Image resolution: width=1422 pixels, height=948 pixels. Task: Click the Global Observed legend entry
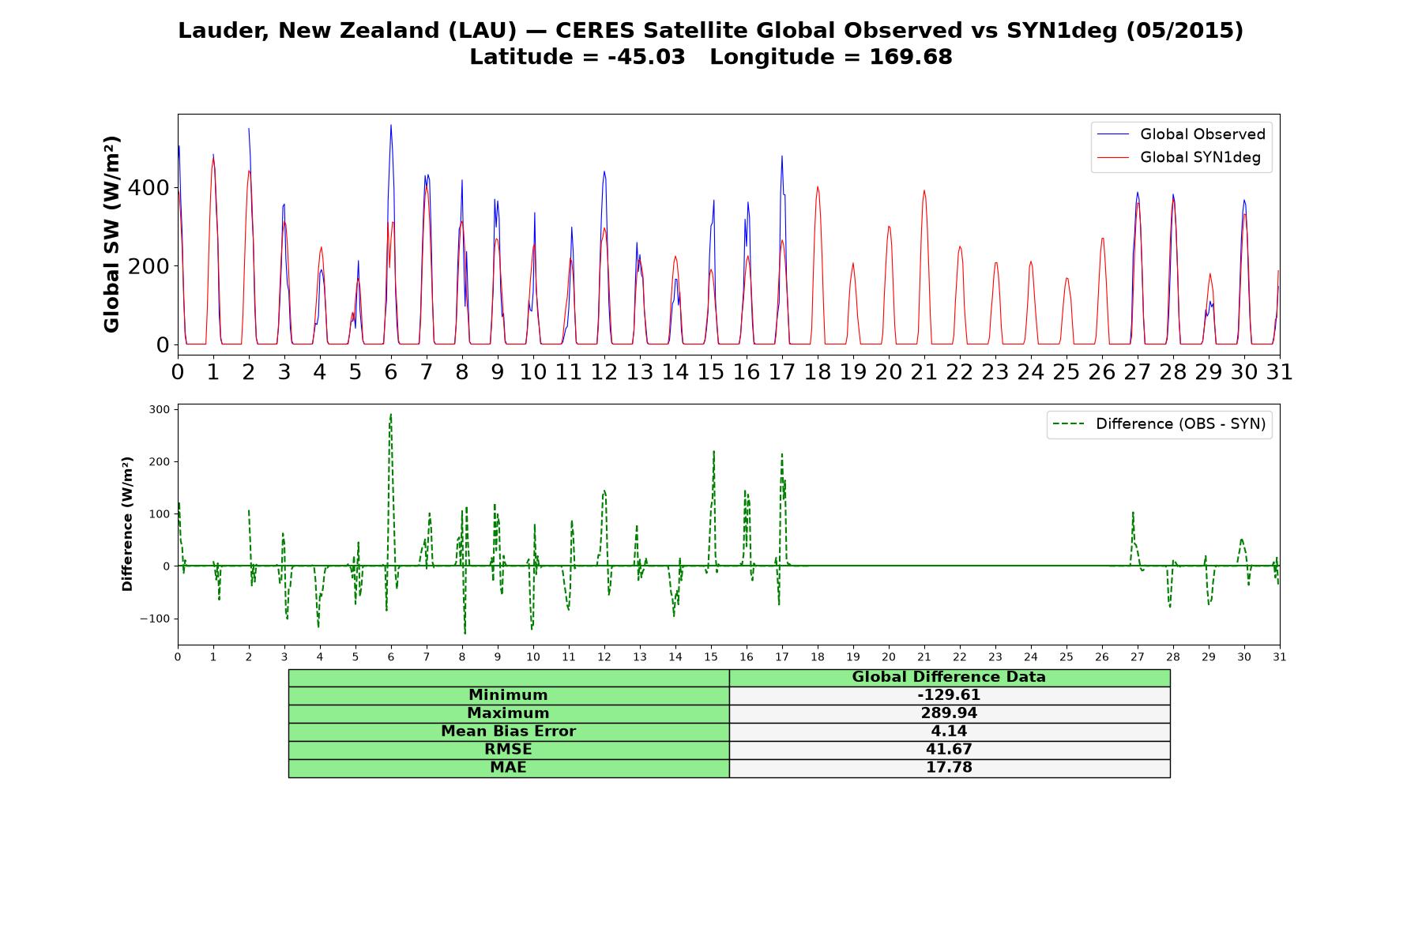click(1181, 134)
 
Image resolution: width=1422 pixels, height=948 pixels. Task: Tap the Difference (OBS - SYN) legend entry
click(1159, 424)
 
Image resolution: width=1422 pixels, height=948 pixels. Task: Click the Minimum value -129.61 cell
click(949, 695)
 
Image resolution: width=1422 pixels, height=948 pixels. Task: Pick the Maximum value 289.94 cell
click(949, 713)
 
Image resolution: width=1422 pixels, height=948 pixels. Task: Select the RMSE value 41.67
click(949, 750)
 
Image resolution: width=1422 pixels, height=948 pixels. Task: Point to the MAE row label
click(508, 768)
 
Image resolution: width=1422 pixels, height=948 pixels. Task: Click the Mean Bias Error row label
click(508, 732)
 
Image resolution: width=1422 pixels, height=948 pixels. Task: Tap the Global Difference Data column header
click(949, 677)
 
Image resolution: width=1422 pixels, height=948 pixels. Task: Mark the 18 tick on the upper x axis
click(818, 372)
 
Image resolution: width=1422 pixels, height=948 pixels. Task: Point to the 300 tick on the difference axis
click(159, 409)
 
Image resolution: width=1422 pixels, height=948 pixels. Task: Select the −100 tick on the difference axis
click(155, 619)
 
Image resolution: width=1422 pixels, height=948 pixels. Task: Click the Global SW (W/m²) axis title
click(111, 234)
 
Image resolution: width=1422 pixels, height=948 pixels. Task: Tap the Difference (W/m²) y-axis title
click(127, 524)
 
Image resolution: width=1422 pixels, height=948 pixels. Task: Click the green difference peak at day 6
click(390, 414)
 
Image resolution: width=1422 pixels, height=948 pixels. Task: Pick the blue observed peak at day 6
click(390, 125)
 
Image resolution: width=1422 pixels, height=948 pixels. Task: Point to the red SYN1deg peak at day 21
click(924, 190)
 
